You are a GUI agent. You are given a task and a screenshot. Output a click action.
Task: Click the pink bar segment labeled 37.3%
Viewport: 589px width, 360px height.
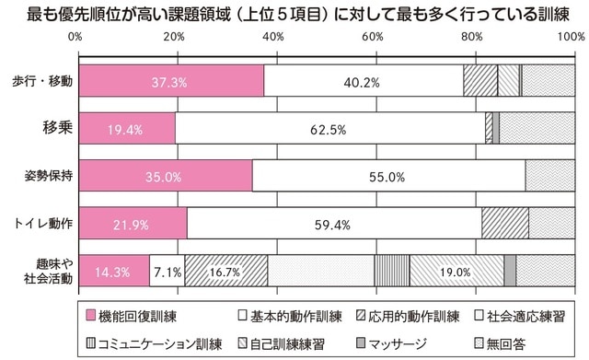172,82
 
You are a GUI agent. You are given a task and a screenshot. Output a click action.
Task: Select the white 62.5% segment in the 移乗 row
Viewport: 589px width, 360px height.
329,129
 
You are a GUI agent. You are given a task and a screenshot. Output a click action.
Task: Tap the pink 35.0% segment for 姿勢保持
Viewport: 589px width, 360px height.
166,176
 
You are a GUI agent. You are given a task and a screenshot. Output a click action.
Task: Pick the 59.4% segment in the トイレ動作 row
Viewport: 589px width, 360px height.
334,224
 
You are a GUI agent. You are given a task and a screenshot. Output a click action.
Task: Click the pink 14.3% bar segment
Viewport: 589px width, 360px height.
114,272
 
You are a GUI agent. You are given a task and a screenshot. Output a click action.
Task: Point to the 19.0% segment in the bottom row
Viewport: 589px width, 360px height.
456,272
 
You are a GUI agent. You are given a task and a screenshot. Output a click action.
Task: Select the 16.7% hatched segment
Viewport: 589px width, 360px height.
225,272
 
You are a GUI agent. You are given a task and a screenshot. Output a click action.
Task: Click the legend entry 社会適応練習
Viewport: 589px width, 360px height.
524,317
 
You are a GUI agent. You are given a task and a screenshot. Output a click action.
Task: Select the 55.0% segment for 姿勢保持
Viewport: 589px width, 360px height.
388,176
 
